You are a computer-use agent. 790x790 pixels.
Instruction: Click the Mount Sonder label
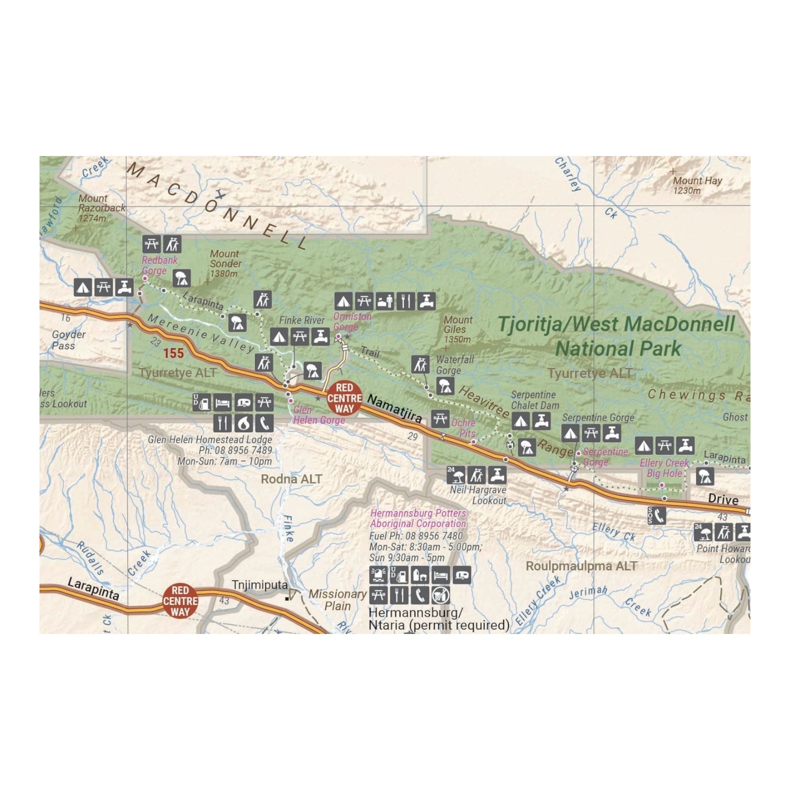point(226,263)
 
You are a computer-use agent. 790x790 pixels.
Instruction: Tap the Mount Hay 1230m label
point(697,185)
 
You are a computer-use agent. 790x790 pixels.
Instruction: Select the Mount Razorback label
point(102,207)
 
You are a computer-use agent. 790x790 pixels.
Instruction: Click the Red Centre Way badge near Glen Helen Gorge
point(344,398)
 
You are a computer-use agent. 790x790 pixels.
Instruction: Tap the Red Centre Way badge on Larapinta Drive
point(180,601)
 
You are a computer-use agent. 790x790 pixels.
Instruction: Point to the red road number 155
point(173,353)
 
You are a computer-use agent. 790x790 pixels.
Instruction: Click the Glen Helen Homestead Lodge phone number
point(235,450)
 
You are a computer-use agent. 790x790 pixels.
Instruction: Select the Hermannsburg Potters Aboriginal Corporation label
point(418,518)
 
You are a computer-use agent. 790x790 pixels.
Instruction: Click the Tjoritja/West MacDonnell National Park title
point(617,336)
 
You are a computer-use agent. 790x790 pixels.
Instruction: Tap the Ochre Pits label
point(464,428)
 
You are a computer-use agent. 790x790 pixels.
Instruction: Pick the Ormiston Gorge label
point(352,321)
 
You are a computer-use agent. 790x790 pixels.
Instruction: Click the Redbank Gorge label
point(159,265)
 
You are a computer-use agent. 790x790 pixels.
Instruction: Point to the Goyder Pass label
point(69,340)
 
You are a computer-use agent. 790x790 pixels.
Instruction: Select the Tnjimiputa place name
point(259,585)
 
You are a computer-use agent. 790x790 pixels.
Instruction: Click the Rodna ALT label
point(291,479)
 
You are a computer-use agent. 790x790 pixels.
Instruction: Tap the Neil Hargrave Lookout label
point(478,495)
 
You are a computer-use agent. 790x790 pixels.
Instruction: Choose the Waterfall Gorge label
point(455,365)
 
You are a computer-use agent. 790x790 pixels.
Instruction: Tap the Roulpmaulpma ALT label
point(581,566)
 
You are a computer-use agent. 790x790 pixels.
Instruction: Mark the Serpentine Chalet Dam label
point(535,400)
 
